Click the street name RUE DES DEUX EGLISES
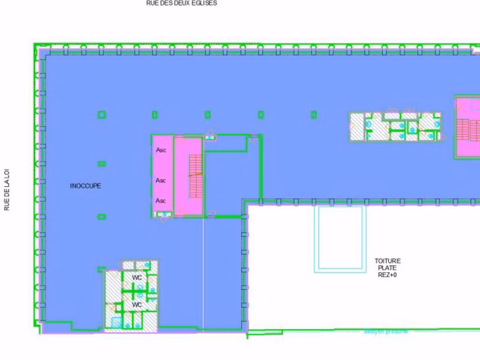[181, 3]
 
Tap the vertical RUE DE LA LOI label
[7, 190]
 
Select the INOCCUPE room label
[85, 186]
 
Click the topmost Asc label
[161, 150]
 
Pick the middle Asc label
[161, 180]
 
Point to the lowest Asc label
[161, 201]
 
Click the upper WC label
[136, 278]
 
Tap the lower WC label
[136, 305]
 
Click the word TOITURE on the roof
[388, 261]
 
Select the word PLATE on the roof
[388, 268]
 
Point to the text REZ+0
[388, 275]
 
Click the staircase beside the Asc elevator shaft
[195, 176]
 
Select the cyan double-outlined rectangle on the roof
[340, 239]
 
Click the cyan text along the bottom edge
[386, 332]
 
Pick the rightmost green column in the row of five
[314, 114]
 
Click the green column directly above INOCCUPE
[102, 164]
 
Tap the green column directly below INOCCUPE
[102, 217]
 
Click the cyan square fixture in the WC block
[116, 322]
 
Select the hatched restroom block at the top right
[395, 127]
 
